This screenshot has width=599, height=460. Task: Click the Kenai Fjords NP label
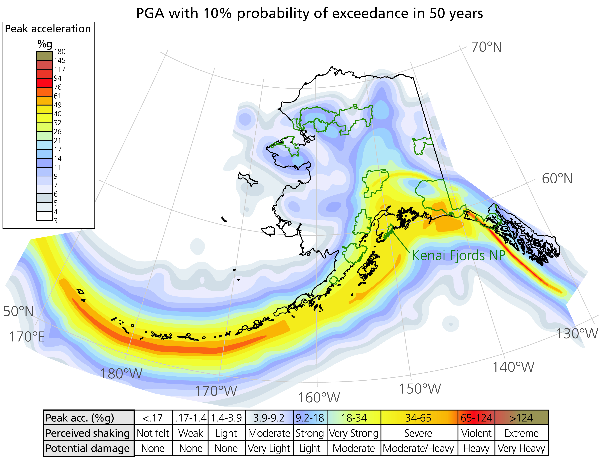click(x=458, y=255)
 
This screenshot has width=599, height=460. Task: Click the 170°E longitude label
click(x=27, y=336)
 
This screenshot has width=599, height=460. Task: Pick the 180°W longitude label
click(x=122, y=373)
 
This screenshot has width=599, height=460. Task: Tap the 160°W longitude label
click(x=319, y=398)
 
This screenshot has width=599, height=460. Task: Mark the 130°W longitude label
click(x=577, y=333)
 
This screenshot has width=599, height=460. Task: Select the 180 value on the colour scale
click(x=60, y=51)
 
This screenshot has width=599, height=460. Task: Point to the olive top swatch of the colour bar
click(x=44, y=56)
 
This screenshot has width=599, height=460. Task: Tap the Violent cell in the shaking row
click(x=476, y=433)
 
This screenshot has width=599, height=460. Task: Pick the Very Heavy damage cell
click(x=521, y=448)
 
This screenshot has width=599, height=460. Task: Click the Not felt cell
click(x=153, y=433)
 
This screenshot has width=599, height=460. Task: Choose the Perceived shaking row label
click(x=88, y=433)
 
